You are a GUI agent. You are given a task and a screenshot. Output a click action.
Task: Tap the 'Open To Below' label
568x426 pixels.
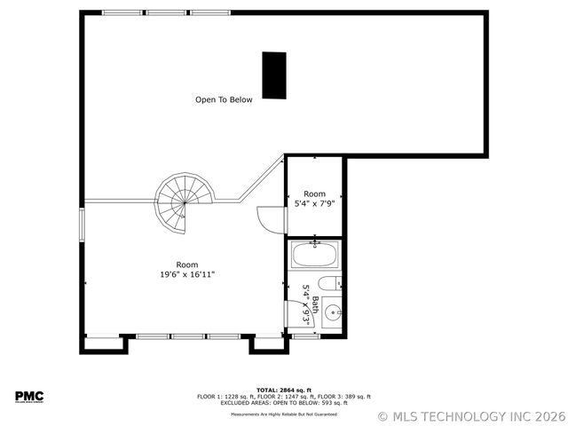pyautogui.click(x=224, y=100)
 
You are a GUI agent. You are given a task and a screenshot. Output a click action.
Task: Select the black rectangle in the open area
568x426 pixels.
pyautogui.click(x=274, y=75)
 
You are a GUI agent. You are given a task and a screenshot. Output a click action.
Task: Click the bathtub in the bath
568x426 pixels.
pyautogui.click(x=314, y=256)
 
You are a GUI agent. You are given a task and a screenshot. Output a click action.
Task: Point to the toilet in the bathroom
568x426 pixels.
pyautogui.click(x=328, y=285)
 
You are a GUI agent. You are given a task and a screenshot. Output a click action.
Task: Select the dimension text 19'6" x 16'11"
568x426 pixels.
pyautogui.click(x=187, y=275)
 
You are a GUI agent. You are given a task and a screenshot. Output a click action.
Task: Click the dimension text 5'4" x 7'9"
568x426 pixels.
pyautogui.click(x=314, y=204)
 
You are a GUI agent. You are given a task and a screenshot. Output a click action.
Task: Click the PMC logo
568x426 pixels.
pyautogui.click(x=28, y=396)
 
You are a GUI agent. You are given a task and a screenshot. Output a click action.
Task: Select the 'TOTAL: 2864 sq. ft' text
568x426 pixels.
pyautogui.click(x=283, y=390)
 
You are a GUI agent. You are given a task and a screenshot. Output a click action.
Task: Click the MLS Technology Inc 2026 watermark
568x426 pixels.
pyautogui.click(x=470, y=415)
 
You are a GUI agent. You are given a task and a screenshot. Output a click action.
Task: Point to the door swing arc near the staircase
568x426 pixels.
pyautogui.click(x=266, y=217)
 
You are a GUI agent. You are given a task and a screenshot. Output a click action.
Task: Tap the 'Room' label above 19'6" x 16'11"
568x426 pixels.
pyautogui.click(x=187, y=264)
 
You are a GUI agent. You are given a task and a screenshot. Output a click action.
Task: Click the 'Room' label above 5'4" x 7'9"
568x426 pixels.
pyautogui.click(x=314, y=193)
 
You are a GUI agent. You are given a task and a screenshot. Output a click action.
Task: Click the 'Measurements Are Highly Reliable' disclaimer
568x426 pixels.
pyautogui.click(x=283, y=414)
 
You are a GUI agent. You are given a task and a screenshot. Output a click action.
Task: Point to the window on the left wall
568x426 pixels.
pyautogui.click(x=82, y=223)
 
